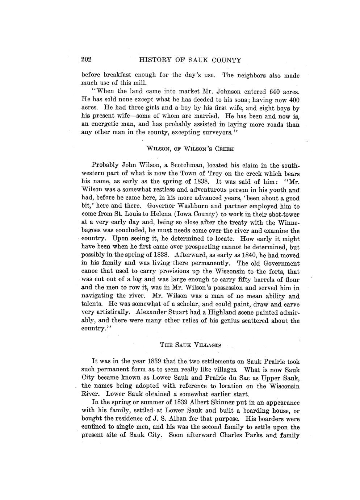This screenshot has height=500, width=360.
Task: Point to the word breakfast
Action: click(118, 75)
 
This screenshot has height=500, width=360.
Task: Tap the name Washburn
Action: click(171, 206)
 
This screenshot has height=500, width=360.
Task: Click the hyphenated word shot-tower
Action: click(274, 214)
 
